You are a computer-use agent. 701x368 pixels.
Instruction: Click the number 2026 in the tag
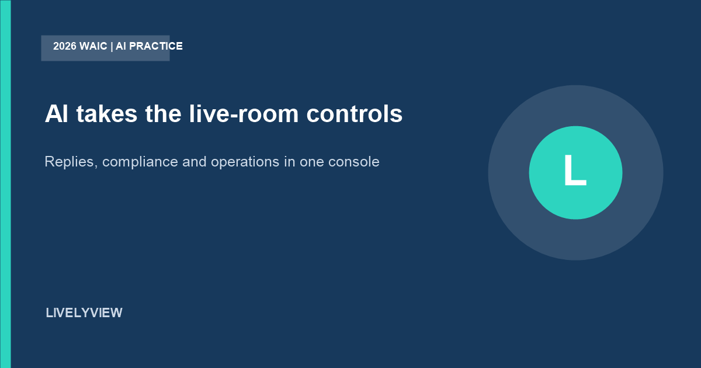pos(65,46)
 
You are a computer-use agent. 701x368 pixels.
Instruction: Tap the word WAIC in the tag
pos(93,46)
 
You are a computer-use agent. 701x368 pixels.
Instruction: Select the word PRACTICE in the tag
pos(156,46)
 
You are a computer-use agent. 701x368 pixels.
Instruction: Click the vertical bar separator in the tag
pos(112,46)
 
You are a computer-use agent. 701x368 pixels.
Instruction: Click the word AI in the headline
pos(56,113)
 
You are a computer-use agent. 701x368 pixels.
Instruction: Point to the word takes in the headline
pos(107,113)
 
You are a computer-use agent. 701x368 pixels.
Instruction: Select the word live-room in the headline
pos(244,113)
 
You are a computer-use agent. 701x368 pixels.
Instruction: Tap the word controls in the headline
pos(354,113)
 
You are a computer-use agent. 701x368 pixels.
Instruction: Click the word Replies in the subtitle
pos(71,162)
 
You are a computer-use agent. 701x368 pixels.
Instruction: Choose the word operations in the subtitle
pos(245,162)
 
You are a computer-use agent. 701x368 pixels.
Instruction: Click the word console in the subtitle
pos(353,162)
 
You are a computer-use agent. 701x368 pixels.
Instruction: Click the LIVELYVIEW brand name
pos(84,313)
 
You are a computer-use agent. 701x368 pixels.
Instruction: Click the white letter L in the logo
pos(575,170)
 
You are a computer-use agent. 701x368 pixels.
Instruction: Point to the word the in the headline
pos(163,113)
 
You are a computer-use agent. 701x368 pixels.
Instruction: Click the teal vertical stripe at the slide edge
pos(5,184)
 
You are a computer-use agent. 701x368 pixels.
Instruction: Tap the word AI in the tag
pos(121,46)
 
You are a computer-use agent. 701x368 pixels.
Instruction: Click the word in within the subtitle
pos(290,162)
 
